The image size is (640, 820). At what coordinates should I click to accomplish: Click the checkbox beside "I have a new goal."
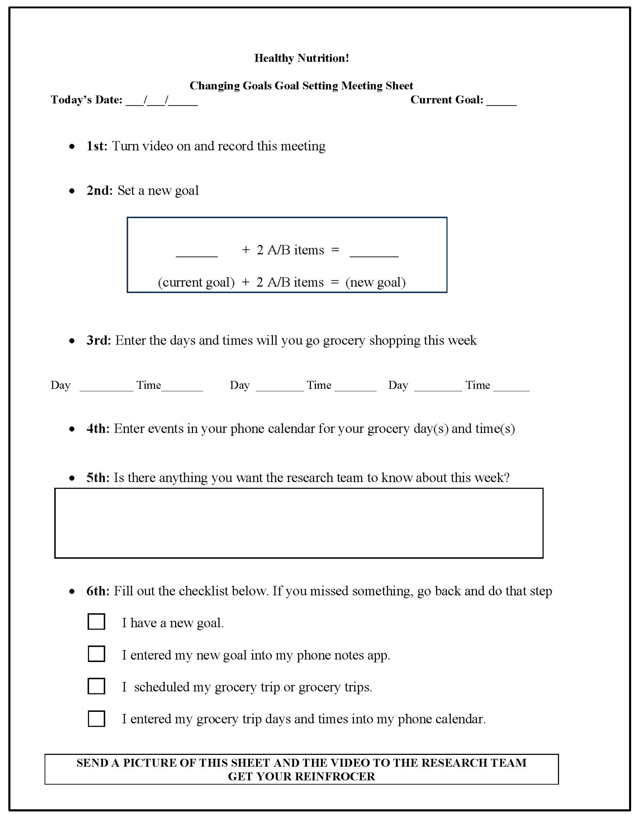click(96, 622)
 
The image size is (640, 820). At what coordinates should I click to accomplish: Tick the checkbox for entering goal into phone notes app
click(96, 654)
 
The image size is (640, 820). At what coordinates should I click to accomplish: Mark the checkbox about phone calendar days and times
click(96, 719)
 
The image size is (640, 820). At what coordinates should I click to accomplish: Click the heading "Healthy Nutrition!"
click(301, 58)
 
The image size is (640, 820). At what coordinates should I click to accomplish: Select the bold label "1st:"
click(97, 146)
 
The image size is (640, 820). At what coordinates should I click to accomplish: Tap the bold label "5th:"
click(98, 478)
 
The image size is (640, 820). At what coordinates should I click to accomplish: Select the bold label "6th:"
click(98, 591)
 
